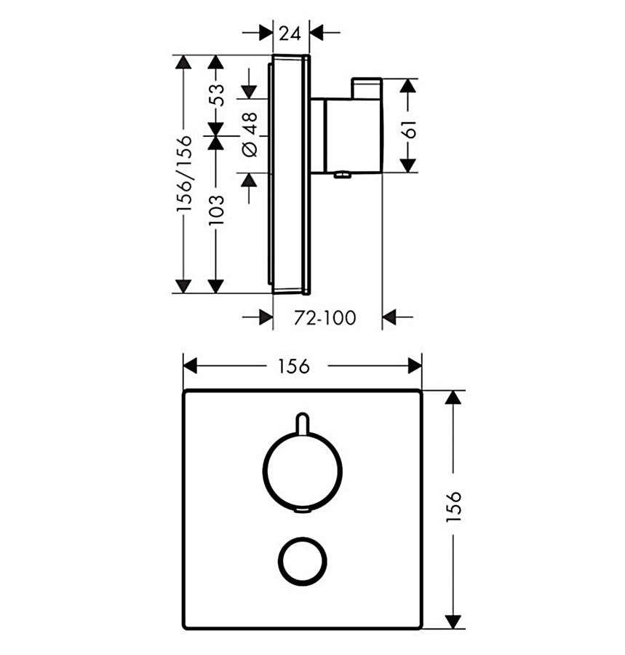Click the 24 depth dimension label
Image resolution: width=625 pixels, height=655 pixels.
[290, 33]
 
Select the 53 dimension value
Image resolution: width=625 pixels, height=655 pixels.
[217, 95]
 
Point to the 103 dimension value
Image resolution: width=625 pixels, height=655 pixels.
[216, 210]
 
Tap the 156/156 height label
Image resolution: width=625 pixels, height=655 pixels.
[184, 173]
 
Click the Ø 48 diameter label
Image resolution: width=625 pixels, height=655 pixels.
[250, 135]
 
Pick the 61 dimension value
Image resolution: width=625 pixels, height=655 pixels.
[409, 129]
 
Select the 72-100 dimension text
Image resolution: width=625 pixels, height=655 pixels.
[325, 318]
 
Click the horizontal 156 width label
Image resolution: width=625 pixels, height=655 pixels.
[294, 366]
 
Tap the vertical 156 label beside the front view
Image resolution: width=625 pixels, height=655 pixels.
[453, 506]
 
